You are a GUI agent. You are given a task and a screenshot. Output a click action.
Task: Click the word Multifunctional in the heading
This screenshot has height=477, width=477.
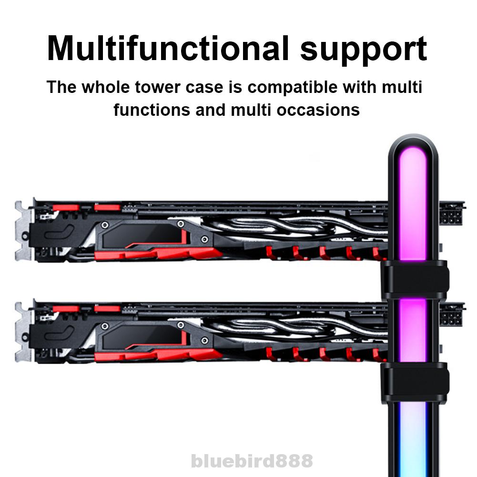tap(168, 49)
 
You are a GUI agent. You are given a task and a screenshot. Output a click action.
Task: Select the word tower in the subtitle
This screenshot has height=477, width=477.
tap(158, 87)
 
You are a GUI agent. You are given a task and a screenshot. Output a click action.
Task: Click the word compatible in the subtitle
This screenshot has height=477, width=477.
tap(292, 88)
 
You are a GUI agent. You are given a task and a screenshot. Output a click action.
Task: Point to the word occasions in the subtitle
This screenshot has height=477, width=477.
tap(318, 110)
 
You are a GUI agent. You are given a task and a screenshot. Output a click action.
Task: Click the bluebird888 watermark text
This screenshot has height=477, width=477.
tap(252, 461)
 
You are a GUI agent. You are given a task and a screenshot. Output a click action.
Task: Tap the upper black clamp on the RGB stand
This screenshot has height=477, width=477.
tap(415, 279)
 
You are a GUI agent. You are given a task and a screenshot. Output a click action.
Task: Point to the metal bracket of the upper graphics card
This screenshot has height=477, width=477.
tap(23, 231)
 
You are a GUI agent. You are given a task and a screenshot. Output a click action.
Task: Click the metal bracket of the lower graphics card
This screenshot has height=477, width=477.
tap(23, 332)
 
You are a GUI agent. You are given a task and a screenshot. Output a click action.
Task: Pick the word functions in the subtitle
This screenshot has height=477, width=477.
tap(152, 110)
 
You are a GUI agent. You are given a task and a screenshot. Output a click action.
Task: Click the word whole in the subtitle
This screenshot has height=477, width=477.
tap(106, 87)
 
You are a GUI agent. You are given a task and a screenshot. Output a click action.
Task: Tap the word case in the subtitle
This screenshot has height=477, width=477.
tap(204, 88)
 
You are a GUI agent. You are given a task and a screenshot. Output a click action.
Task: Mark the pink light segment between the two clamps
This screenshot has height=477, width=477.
tap(413, 330)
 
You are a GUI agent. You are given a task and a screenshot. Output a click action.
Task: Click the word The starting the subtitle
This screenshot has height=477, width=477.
tap(61, 87)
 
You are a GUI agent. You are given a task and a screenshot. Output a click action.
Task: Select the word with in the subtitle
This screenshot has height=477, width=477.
tap(360, 87)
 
